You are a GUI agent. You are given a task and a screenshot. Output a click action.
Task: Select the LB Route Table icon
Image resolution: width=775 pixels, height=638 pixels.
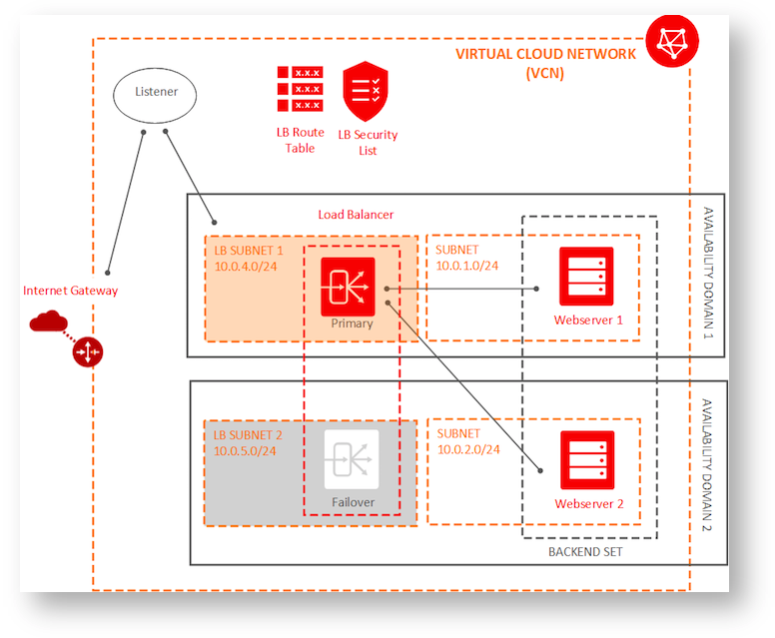tap(299, 90)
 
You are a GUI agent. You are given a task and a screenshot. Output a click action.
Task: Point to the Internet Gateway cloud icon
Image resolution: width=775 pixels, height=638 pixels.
tap(47, 320)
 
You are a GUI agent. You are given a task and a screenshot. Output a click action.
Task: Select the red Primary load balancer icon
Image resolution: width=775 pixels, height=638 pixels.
tap(348, 286)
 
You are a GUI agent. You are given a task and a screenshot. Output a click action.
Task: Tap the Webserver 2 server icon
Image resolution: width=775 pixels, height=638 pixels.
tap(587, 460)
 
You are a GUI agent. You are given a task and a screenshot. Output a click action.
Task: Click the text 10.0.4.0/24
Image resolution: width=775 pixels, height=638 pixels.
tap(245, 267)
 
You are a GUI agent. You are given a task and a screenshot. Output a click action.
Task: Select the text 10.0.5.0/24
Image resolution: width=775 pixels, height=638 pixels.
tap(245, 450)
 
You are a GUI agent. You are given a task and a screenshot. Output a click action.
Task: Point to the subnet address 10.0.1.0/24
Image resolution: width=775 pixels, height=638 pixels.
tap(467, 267)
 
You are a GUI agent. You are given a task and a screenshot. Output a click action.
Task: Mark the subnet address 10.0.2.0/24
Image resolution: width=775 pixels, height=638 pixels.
tap(467, 449)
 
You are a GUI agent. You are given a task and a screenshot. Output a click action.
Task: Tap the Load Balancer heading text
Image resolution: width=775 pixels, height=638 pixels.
tap(356, 215)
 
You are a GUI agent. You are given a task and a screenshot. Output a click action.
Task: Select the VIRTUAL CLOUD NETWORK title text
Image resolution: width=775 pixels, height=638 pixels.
tap(544, 54)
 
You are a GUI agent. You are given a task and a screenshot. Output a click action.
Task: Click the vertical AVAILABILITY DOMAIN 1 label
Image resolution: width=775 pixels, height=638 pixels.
tap(707, 272)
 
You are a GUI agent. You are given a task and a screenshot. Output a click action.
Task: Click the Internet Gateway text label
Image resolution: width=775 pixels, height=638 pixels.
tap(70, 291)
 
